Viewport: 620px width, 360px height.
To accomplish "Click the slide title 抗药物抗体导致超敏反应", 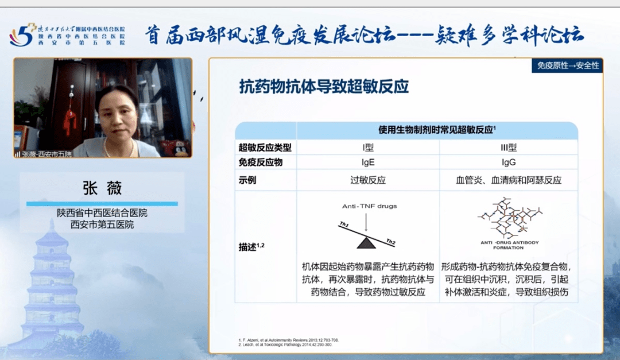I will click(x=324, y=87).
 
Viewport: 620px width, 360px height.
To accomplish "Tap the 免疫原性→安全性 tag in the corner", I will click(x=568, y=65).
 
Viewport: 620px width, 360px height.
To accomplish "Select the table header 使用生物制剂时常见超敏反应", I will click(x=437, y=130).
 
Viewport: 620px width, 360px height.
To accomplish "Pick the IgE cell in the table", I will click(x=368, y=162).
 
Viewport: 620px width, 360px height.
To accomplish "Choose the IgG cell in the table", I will click(x=509, y=162).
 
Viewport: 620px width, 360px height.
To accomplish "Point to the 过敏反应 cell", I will click(x=368, y=180).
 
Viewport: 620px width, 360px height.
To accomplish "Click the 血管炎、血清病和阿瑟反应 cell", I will click(x=509, y=180).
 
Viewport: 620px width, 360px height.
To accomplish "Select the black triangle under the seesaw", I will click(x=366, y=243).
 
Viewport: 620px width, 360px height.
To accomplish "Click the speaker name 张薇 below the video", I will click(x=102, y=188).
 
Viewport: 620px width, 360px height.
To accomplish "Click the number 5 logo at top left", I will click(x=22, y=36).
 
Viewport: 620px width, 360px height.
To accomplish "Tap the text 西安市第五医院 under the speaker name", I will click(x=102, y=224).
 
